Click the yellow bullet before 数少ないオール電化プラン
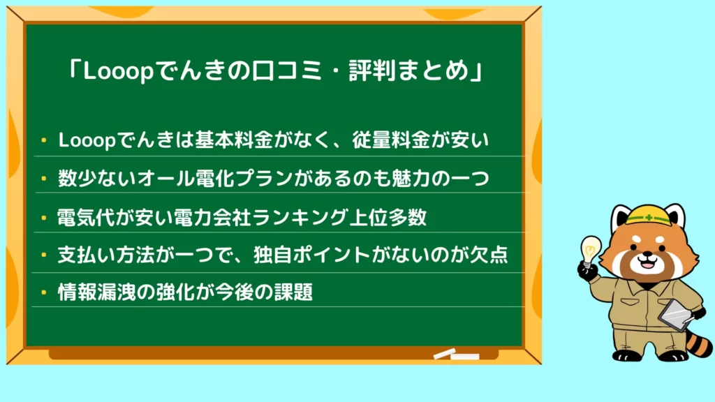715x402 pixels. point(44,179)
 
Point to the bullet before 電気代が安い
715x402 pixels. point(44,218)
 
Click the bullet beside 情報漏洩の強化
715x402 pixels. point(44,292)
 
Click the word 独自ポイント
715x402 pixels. point(312,255)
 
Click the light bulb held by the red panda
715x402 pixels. point(590,251)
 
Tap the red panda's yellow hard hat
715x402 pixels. point(648,215)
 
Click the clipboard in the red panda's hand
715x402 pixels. point(676,315)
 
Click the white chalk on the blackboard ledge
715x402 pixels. point(456,354)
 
